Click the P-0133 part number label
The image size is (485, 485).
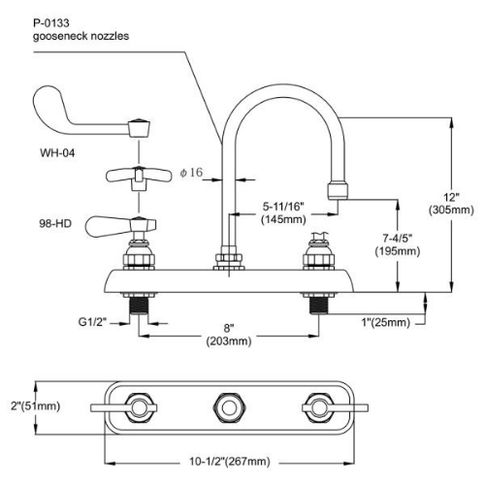51,23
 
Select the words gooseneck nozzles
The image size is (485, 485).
81,36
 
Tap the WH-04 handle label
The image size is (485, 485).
57,152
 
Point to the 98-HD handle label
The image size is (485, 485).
55,223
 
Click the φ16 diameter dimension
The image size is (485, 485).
191,173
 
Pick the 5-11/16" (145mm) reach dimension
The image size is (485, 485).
283,212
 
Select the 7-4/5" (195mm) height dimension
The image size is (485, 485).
398,244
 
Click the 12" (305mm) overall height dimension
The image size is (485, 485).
451,204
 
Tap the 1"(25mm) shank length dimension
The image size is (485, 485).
385,322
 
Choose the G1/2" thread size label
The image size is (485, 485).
92,322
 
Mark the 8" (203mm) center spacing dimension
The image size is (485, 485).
229,335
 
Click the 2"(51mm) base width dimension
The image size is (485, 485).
36,406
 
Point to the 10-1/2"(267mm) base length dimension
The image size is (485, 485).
230,462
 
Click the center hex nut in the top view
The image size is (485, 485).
230,407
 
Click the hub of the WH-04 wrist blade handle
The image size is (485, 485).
140,128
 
